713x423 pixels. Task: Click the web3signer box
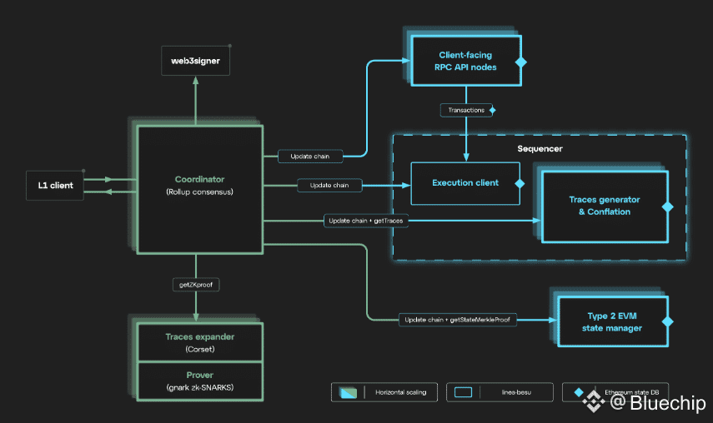[195, 61]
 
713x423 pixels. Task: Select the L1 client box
[55, 185]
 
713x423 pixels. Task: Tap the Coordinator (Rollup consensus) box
[199, 189]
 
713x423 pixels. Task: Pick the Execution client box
[464, 183]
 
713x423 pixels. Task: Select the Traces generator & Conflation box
[605, 206]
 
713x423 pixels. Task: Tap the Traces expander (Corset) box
[199, 342]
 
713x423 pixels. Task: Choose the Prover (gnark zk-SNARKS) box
[199, 381]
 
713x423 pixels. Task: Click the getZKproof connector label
[195, 285]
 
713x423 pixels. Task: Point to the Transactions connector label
[464, 110]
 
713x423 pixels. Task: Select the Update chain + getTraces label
[366, 221]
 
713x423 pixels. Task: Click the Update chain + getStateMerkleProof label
[458, 320]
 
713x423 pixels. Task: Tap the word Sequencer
[540, 148]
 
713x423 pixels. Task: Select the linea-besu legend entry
[500, 391]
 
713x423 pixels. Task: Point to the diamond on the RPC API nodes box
[521, 62]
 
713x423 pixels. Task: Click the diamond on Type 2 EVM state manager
[667, 321]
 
